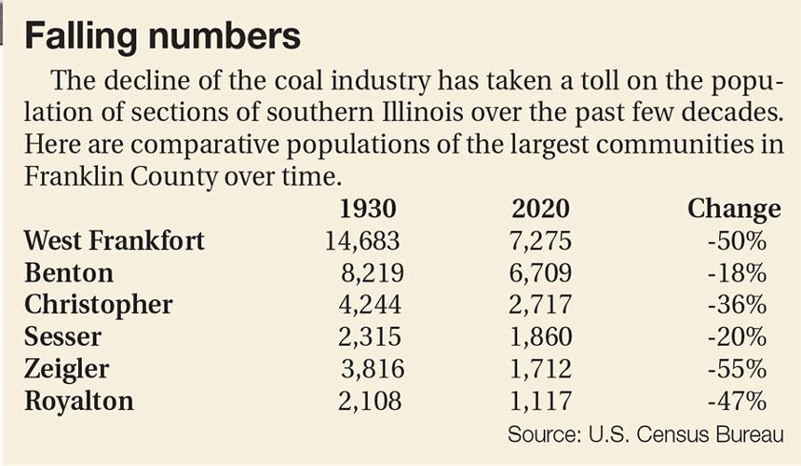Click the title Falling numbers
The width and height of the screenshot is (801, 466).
[x=162, y=36]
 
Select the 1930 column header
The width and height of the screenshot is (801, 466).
[x=367, y=208]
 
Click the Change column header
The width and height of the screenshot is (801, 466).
[x=733, y=208]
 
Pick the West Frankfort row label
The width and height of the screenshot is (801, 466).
[x=114, y=241]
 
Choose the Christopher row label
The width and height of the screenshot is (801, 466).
[x=98, y=305]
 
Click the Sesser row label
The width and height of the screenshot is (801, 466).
[x=62, y=336]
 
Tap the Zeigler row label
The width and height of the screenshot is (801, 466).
[x=66, y=369]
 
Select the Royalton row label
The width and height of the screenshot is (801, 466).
[x=78, y=401]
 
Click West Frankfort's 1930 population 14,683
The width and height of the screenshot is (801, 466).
[x=362, y=241]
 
